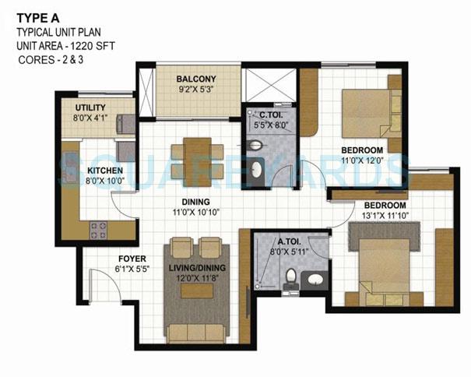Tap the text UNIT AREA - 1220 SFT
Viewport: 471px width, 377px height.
62,46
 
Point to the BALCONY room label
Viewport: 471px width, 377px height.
195,79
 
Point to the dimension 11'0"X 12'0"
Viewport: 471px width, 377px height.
363,160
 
